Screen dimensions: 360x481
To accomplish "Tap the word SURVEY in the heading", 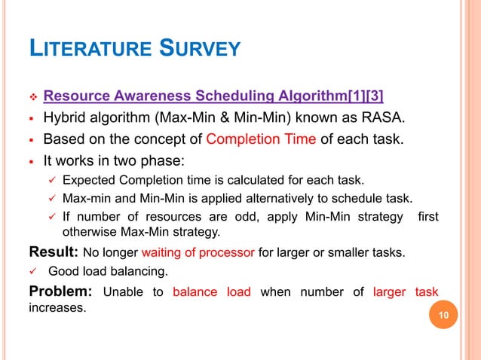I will point(199,50).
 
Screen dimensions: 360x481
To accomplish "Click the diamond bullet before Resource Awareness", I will point(32,96).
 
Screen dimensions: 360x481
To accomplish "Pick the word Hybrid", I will point(66,117).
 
